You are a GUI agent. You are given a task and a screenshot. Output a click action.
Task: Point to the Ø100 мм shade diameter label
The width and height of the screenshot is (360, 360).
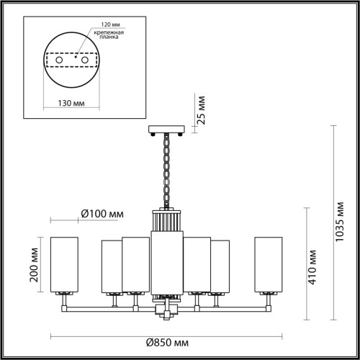102,214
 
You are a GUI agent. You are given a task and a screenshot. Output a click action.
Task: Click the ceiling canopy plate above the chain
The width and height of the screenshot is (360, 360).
166,130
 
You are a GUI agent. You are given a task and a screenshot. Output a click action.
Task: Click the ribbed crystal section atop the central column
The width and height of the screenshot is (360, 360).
166,220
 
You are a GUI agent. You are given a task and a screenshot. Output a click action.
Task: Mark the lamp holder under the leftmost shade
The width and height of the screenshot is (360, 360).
63,295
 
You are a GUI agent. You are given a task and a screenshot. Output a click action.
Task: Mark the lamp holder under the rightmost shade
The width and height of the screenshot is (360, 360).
269,295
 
